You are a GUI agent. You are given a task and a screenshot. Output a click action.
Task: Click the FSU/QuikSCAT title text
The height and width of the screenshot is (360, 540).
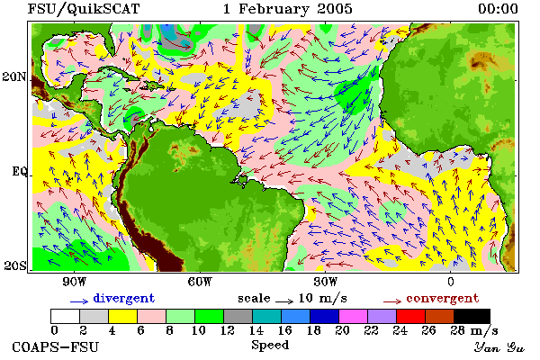pyautogui.click(x=84, y=9)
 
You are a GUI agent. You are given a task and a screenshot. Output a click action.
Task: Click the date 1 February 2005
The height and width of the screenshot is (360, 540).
pyautogui.click(x=288, y=9)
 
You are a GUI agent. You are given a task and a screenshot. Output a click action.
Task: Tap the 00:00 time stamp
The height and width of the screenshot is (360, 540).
pyautogui.click(x=498, y=9)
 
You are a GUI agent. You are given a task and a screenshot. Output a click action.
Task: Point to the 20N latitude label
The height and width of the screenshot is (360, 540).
pyautogui.click(x=14, y=76)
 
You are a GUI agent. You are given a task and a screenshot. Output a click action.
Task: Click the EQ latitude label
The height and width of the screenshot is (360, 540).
pyautogui.click(x=20, y=171)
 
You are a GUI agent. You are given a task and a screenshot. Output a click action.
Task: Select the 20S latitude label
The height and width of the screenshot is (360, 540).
pyautogui.click(x=15, y=265)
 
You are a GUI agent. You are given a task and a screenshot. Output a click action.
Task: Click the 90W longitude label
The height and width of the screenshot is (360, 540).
pyautogui.click(x=75, y=282)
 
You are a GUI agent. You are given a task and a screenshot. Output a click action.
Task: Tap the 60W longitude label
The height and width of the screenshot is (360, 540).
pyautogui.click(x=200, y=282)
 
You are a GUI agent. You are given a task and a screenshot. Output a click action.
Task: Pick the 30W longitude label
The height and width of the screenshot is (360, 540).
pyautogui.click(x=326, y=282)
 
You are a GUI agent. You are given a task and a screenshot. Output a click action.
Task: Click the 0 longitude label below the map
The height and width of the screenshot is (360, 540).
pyautogui.click(x=451, y=282)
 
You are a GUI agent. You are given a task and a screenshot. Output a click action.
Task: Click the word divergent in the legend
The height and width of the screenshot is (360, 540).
pyautogui.click(x=124, y=299)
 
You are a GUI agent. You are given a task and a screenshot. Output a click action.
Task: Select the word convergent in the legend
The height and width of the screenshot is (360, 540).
pyautogui.click(x=443, y=299)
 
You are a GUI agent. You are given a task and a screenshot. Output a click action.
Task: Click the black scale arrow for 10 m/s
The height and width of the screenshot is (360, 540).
pyautogui.click(x=284, y=301)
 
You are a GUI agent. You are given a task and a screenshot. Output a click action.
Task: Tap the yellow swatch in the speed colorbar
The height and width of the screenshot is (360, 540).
pyautogui.click(x=123, y=316)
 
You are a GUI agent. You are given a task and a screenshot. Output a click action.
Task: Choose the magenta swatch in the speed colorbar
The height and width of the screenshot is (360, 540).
pyautogui.click(x=354, y=316)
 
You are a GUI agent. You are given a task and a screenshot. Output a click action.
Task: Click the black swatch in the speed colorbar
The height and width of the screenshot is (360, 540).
pyautogui.click(x=472, y=316)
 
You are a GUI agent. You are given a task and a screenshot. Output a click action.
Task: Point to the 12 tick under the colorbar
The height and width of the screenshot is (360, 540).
pyautogui.click(x=228, y=330)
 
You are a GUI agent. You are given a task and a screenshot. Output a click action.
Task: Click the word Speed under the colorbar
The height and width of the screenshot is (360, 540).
pyautogui.click(x=270, y=346)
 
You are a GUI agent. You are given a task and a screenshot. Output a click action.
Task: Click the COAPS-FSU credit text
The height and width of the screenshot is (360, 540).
pyautogui.click(x=56, y=346)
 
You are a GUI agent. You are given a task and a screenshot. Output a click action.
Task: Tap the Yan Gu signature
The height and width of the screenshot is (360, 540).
pyautogui.click(x=499, y=347)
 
